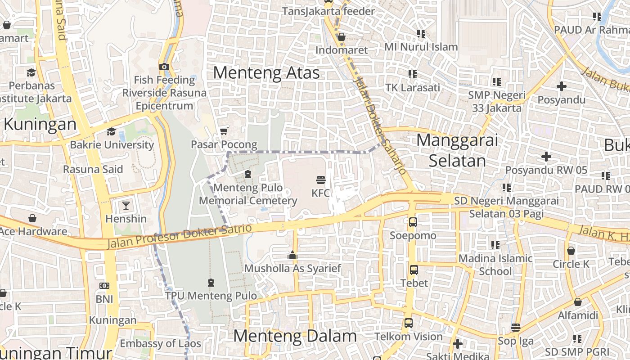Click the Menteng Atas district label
266,73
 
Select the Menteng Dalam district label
295,336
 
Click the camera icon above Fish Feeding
164,67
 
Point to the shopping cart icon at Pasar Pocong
224,131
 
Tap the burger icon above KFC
321,180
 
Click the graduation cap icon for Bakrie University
111,131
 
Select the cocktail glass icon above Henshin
126,206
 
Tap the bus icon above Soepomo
413,222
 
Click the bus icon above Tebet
414,270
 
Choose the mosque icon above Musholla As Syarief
292,256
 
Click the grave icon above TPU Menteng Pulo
211,283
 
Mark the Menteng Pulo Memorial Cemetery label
248,194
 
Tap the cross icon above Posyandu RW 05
546,157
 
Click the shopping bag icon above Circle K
571,251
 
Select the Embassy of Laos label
160,343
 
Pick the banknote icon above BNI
104,286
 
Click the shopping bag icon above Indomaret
341,37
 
